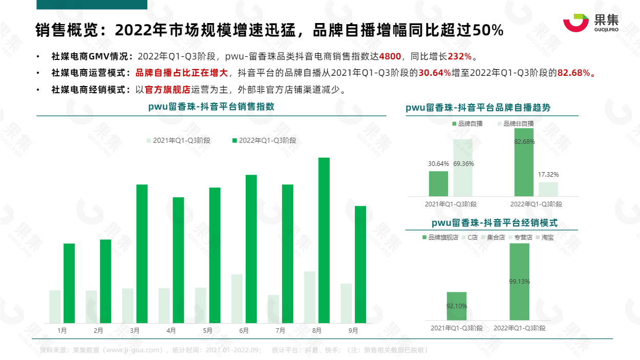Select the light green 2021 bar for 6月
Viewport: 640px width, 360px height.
237,298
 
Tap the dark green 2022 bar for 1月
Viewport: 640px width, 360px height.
69,283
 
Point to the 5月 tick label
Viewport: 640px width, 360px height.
207,331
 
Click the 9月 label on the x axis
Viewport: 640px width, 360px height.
353,331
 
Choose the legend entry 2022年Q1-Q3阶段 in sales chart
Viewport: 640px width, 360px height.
264,140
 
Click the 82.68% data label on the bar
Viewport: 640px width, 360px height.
524,142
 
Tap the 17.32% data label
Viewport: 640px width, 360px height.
548,175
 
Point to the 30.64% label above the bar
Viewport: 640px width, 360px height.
438,164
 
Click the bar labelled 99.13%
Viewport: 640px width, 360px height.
519,282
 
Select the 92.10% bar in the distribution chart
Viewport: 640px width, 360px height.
457,306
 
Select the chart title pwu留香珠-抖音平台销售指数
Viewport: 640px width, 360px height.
211,107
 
